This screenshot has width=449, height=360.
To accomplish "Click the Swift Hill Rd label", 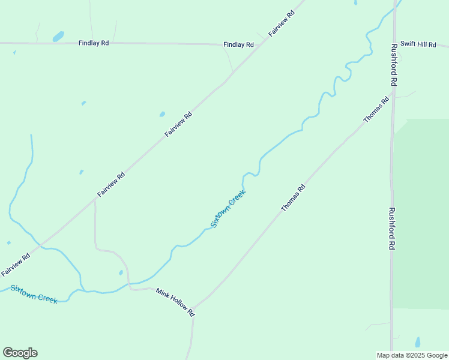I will [x=418, y=44].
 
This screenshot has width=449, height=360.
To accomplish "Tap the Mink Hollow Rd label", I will [x=175, y=302].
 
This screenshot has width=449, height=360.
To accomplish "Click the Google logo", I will [x=20, y=353].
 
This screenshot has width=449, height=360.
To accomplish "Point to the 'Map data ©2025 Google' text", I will [x=412, y=355].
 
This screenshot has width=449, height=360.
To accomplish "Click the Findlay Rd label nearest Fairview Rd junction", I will [x=238, y=44].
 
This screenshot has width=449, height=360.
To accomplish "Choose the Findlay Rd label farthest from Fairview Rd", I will [x=94, y=43].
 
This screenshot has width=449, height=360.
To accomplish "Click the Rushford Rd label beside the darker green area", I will [x=392, y=229].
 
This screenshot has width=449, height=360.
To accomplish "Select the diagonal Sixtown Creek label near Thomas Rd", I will [x=228, y=209].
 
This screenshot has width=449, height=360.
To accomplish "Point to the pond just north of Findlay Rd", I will [x=58, y=36].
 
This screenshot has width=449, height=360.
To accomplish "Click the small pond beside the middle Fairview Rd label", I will [x=162, y=113].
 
